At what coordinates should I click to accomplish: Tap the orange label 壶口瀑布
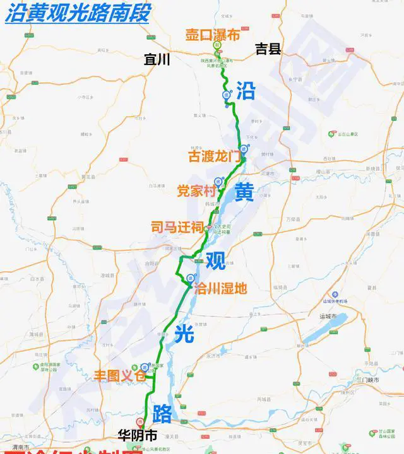tap(212, 35)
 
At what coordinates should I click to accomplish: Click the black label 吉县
tap(268, 49)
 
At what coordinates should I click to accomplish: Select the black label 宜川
tap(158, 60)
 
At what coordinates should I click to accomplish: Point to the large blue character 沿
tap(246, 91)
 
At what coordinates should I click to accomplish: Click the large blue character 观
tap(215, 259)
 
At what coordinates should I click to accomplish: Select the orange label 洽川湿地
tap(220, 288)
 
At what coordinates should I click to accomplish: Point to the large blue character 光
tap(184, 335)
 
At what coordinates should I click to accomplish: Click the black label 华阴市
tap(137, 434)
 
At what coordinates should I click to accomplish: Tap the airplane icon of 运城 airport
tap(335, 294)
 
